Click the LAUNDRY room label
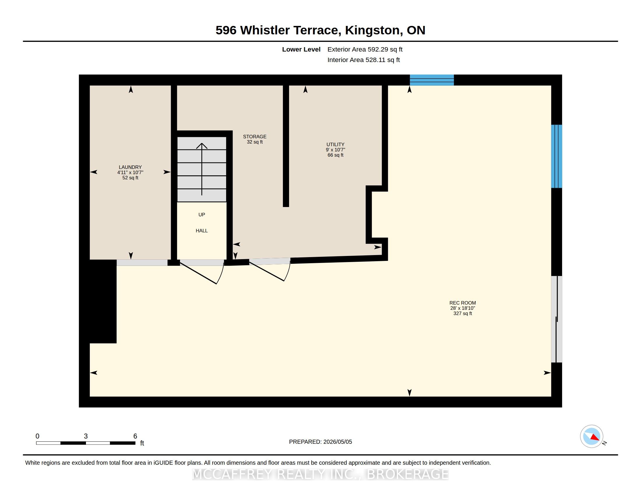pos(130,167)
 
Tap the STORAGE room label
pos(254,137)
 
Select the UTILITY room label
pos(335,145)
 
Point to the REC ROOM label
pos(463,303)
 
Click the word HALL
pos(202,231)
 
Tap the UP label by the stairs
pos(202,215)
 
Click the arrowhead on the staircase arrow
pos(202,146)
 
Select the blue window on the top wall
pos(432,80)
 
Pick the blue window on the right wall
pos(557,156)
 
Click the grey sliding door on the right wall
pos(557,319)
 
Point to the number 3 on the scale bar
pos(86,436)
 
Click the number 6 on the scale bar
pos(135,436)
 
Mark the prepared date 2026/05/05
pos(337,442)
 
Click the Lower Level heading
pos(301,49)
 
